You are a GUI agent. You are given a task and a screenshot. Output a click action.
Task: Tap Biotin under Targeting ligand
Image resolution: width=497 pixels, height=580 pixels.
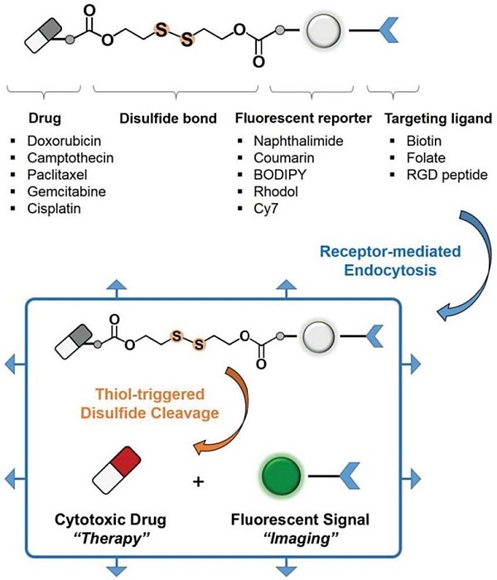click(406, 141)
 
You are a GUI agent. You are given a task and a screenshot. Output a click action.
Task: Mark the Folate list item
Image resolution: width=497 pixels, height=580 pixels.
click(407, 157)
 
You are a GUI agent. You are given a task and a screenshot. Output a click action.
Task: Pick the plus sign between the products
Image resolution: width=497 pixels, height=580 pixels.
click(198, 479)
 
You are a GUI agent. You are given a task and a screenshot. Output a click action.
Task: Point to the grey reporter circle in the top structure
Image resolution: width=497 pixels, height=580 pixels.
click(321, 35)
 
